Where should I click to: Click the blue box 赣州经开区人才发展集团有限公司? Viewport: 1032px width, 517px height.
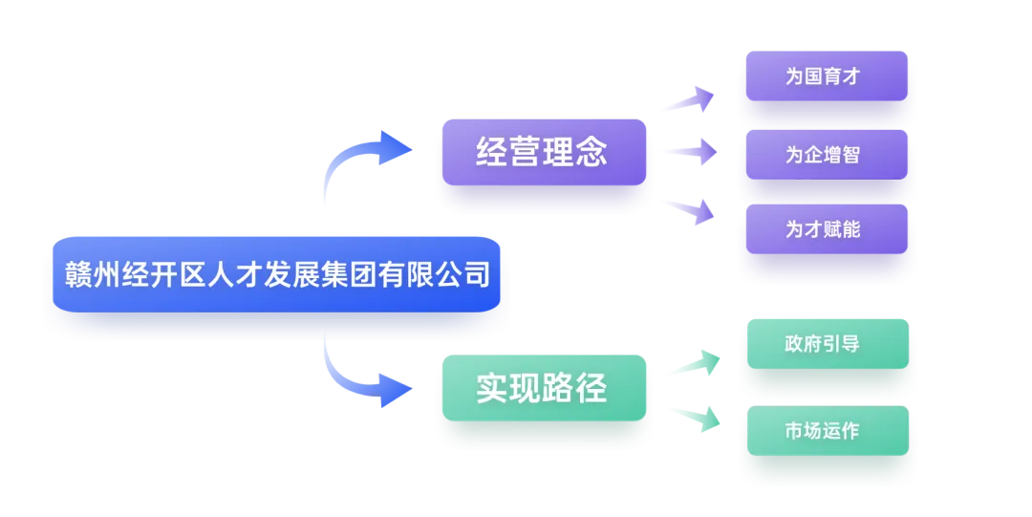pyautogui.click(x=277, y=277)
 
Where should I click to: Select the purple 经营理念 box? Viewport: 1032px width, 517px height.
pyautogui.click(x=542, y=152)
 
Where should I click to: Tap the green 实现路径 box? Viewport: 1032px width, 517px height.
pyautogui.click(x=542, y=389)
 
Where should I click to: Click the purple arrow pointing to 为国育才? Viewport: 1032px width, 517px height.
pyautogui.click(x=688, y=99)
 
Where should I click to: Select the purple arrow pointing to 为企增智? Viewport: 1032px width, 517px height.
pyautogui.click(x=688, y=152)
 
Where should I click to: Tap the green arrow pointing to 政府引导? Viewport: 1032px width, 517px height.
pyautogui.click(x=694, y=364)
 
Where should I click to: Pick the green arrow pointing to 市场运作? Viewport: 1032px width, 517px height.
pyautogui.click(x=694, y=416)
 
